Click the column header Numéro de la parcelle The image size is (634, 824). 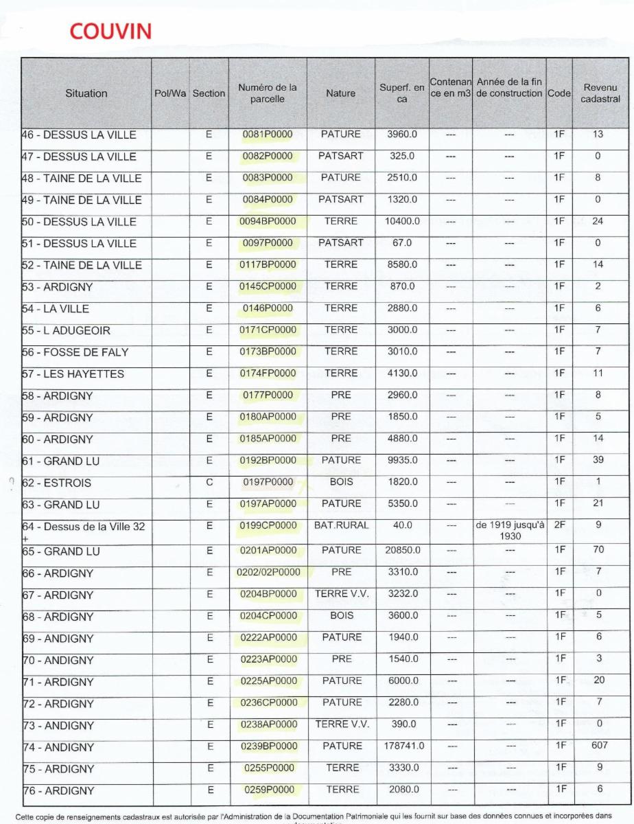(x=268, y=93)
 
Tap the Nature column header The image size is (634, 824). (x=340, y=93)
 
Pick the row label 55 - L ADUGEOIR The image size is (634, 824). (x=67, y=331)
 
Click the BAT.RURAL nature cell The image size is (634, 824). (x=340, y=525)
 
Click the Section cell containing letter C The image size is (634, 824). (x=209, y=482)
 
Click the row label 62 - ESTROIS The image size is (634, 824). (x=57, y=483)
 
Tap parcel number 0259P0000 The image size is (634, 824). (x=268, y=790)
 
